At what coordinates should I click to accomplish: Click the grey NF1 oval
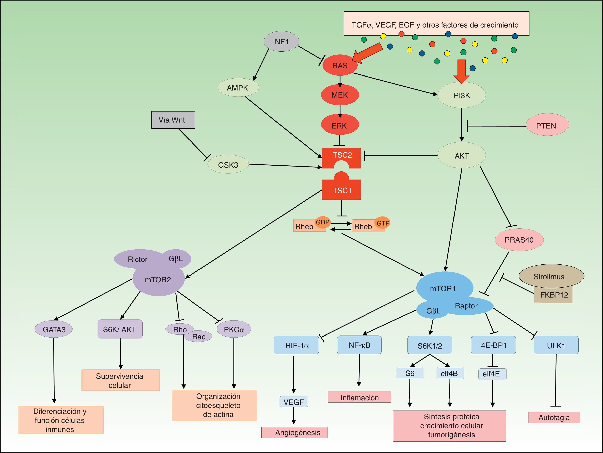tap(281, 41)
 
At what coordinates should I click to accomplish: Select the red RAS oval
tap(340, 66)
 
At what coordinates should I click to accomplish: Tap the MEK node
tap(340, 95)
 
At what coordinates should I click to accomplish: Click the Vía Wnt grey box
tap(173, 120)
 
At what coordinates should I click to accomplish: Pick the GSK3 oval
tap(228, 165)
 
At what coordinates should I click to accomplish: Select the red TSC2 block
tap(341, 156)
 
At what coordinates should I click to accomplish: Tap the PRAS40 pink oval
tap(519, 240)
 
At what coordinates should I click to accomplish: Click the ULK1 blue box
tap(556, 345)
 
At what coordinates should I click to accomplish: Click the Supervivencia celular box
tap(120, 380)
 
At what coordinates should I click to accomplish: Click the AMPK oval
tap(238, 88)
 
